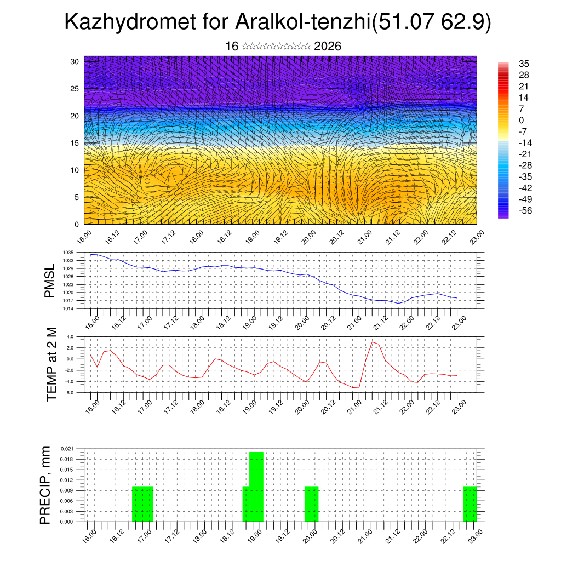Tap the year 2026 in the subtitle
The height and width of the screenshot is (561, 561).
pyautogui.click(x=328, y=46)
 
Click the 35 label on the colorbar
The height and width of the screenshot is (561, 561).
pyautogui.click(x=523, y=64)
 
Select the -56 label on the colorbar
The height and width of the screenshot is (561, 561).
pyautogui.click(x=525, y=210)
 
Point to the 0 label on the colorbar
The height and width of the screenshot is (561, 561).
pyautogui.click(x=522, y=120)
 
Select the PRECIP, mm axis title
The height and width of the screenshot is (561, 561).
pyautogui.click(x=46, y=485)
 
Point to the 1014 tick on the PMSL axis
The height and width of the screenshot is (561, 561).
pyautogui.click(x=68, y=308)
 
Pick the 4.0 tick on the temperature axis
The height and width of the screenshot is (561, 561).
pyautogui.click(x=70, y=336)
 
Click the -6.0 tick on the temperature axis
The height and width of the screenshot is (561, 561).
pyautogui.click(x=70, y=392)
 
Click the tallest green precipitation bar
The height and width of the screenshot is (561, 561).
pyautogui.click(x=256, y=486)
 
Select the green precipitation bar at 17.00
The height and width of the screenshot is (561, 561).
pyautogui.click(x=142, y=504)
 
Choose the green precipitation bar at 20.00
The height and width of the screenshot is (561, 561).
pyautogui.click(x=311, y=504)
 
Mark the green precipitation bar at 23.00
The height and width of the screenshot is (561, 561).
pyautogui.click(x=470, y=504)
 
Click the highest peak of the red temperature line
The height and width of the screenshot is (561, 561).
pyautogui.click(x=373, y=342)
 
